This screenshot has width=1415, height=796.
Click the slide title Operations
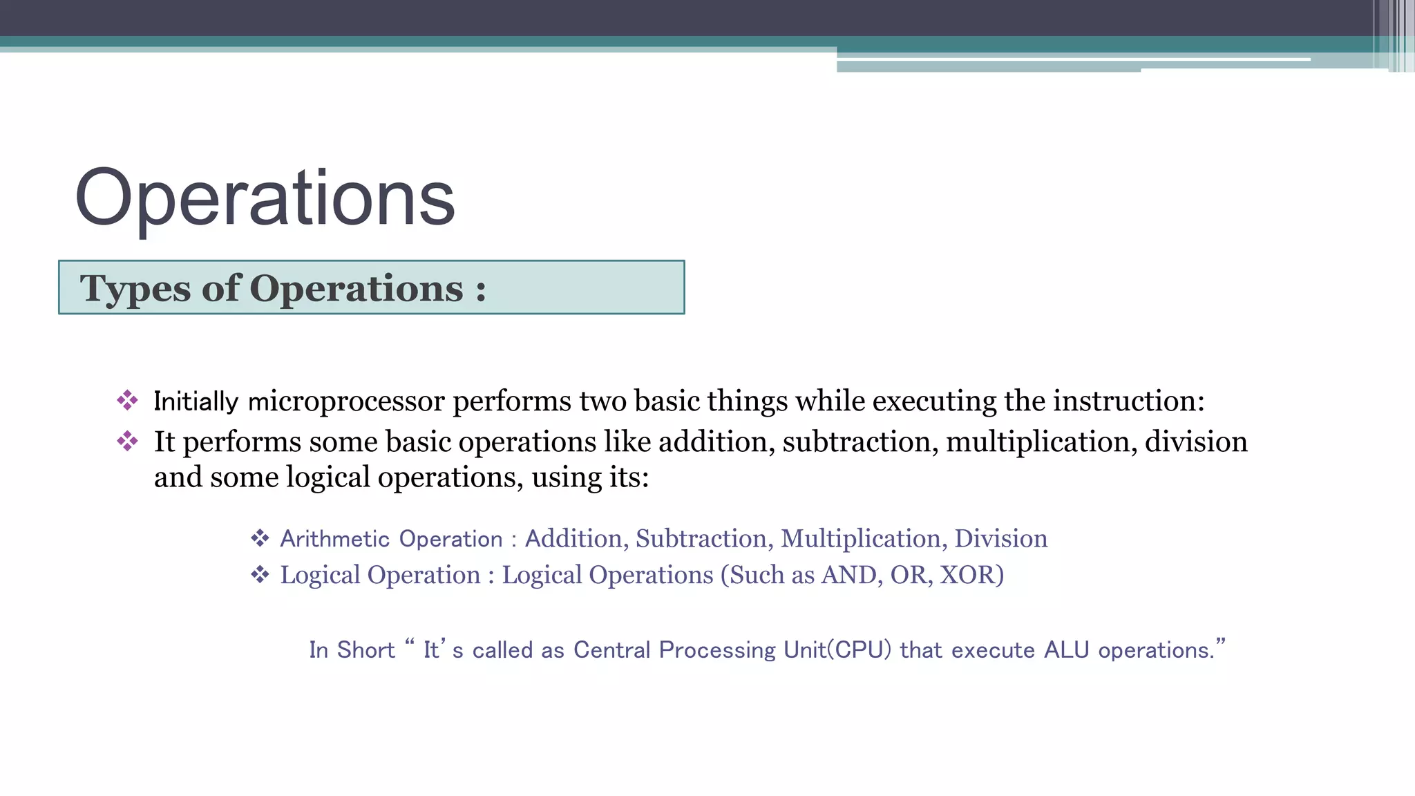[x=265, y=198]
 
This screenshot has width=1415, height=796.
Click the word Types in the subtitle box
[x=134, y=289]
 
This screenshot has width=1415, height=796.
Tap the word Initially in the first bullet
[x=196, y=401]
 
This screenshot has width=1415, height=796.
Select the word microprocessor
[x=346, y=401]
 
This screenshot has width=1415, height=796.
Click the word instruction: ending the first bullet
[x=1128, y=401]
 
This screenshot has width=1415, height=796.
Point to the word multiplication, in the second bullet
[x=1041, y=442]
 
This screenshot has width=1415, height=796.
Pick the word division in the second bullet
[x=1196, y=442]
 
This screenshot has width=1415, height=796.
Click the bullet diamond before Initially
[x=127, y=400]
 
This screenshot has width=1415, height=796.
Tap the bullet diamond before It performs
[x=127, y=441]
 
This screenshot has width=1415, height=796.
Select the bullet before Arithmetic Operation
[x=260, y=538]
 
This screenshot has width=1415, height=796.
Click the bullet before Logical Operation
[x=260, y=574]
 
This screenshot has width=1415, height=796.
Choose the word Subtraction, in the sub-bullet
[x=701, y=539]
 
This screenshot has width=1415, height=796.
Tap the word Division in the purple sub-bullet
[x=1000, y=539]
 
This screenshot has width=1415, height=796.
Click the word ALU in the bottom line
[x=1066, y=650]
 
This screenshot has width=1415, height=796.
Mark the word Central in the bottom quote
[x=611, y=650]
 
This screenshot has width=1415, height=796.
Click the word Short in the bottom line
[x=365, y=650]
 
